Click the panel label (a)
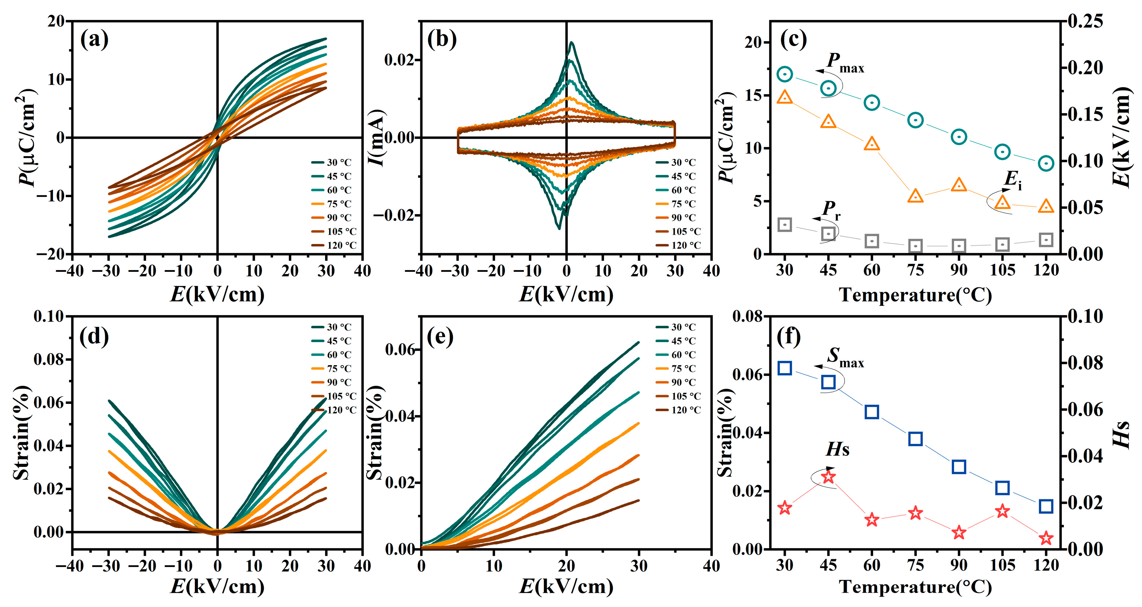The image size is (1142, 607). click(x=94, y=40)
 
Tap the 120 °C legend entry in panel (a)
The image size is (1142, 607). click(x=333, y=245)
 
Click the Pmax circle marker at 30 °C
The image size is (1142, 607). click(x=785, y=74)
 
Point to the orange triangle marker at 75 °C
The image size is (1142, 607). click(x=916, y=196)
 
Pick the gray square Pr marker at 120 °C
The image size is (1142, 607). click(x=1046, y=240)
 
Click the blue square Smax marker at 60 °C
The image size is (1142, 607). click(x=872, y=412)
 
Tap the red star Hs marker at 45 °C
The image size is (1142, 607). click(x=828, y=477)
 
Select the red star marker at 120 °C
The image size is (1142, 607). click(x=1046, y=538)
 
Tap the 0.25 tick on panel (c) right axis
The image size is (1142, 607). click(x=1085, y=21)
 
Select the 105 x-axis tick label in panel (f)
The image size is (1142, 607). click(x=1003, y=565)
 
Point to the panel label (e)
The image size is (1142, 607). click(x=440, y=337)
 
